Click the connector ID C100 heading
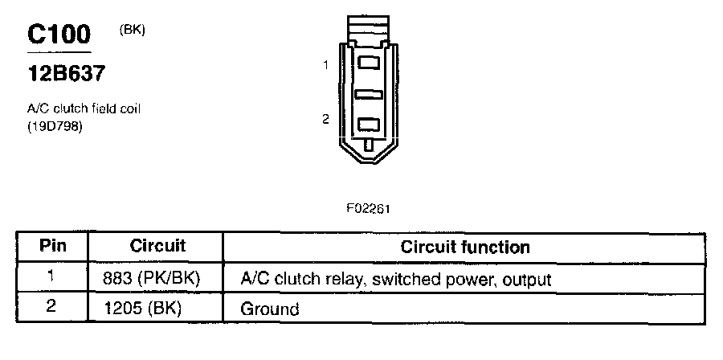click(x=59, y=35)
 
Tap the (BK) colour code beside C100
click(x=132, y=30)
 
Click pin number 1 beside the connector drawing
click(x=325, y=66)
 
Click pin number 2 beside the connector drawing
click(x=325, y=120)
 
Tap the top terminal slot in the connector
click(x=370, y=62)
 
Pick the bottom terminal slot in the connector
click(x=370, y=124)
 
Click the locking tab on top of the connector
click(x=370, y=27)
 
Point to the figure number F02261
click(x=369, y=207)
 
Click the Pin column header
click(x=53, y=246)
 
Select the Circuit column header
click(x=157, y=246)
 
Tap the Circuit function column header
click(x=464, y=247)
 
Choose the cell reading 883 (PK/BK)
click(x=152, y=279)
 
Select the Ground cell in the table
click(x=270, y=309)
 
